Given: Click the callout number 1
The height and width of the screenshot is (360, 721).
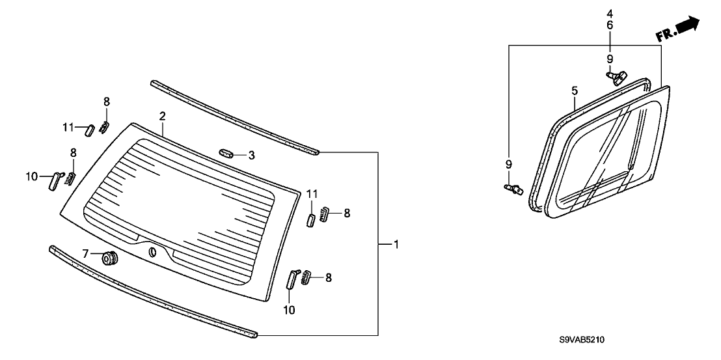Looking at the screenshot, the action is pos(396,245).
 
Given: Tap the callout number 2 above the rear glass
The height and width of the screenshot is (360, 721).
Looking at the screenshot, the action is pos(162,117).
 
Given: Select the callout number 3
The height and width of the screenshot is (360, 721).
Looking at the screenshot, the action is pos(252,156).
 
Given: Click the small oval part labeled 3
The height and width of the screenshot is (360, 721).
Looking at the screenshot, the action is pos(226,152).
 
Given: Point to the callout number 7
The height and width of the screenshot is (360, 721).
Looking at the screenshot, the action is pos(85,253).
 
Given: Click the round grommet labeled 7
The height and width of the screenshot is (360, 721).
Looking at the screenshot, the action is pos(109,258).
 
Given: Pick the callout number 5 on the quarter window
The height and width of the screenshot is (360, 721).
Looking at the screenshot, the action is pos(575,91).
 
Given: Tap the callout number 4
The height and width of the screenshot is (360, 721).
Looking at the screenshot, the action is pos(610,13).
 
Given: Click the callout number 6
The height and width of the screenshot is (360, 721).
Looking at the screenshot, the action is pos(610,25).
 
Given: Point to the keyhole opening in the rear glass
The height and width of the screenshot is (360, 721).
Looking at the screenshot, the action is pos(153,251).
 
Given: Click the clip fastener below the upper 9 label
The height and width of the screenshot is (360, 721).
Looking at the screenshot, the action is pos(616,77).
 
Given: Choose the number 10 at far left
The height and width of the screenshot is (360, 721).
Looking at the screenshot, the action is pos(31,176).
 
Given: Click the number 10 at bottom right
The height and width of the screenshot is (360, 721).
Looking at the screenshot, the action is pos(289,311).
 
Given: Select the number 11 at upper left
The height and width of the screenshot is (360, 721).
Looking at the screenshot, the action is pos(68,128).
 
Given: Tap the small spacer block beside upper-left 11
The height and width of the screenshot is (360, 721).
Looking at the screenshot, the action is pos(90,130).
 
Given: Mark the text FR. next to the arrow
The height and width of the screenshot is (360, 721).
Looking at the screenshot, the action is pos(667,34).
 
